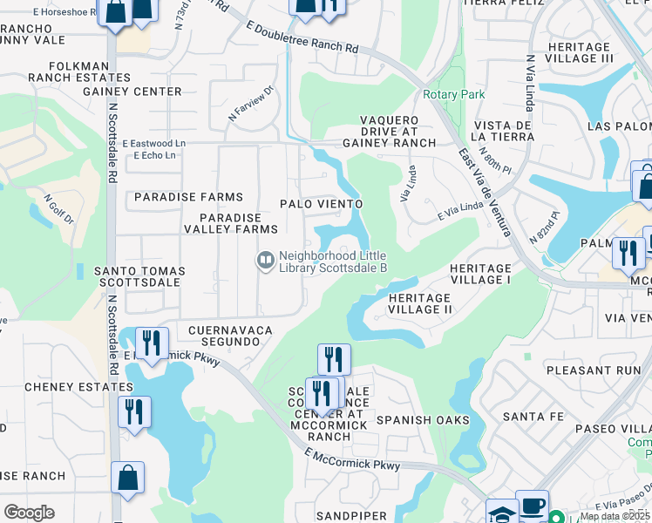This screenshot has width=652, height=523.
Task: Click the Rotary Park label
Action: [454, 94]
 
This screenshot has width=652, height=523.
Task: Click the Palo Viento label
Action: [320, 203]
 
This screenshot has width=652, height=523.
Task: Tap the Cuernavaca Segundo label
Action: [230, 336]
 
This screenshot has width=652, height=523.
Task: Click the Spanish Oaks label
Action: [424, 420]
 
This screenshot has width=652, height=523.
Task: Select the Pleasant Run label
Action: [602, 370]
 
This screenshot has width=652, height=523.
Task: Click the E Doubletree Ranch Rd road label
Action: [302, 38]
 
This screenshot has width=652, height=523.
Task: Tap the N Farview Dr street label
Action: [251, 102]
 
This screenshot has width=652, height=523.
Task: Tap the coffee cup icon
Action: [532, 506]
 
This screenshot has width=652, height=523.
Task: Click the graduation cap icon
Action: [501, 513]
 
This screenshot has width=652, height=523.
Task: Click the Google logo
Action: [29, 513]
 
